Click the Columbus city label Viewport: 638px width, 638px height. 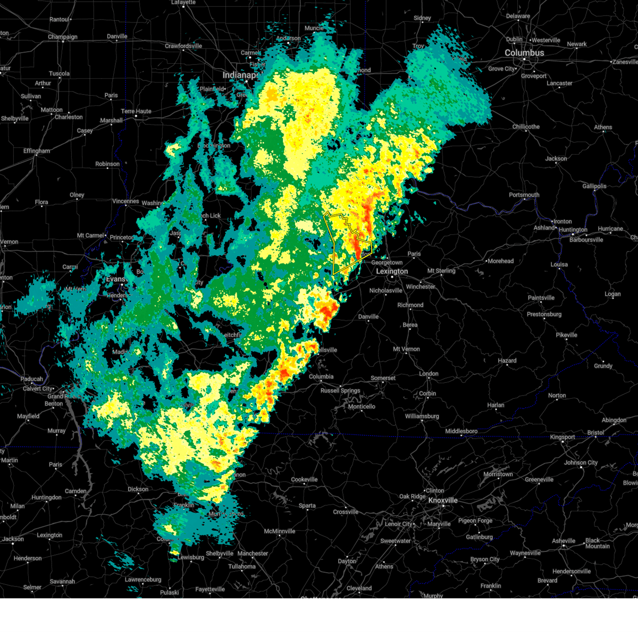[x=524, y=53]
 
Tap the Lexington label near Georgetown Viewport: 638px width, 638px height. [x=392, y=271]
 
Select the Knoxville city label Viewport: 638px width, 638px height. [x=443, y=500]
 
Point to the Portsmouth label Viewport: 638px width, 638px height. [x=524, y=195]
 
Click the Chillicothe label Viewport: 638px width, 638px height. [x=526, y=127]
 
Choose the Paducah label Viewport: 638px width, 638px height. [x=32, y=379]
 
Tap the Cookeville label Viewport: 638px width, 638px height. [x=304, y=480]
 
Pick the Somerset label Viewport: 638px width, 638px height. [x=383, y=378]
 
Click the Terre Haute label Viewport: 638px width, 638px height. [x=136, y=112]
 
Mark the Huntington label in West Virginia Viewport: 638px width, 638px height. [x=573, y=230]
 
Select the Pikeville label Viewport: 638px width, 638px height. [x=566, y=335]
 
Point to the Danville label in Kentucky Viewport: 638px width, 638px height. [x=368, y=317]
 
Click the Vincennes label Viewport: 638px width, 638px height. [x=125, y=202]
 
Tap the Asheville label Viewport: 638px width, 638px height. [x=564, y=541]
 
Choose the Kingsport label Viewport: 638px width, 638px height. [x=563, y=437]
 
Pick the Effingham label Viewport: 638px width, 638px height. [x=36, y=151]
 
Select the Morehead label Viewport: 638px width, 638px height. [x=500, y=261]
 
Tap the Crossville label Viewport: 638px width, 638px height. [x=346, y=512]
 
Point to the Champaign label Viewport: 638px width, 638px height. [x=63, y=37]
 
